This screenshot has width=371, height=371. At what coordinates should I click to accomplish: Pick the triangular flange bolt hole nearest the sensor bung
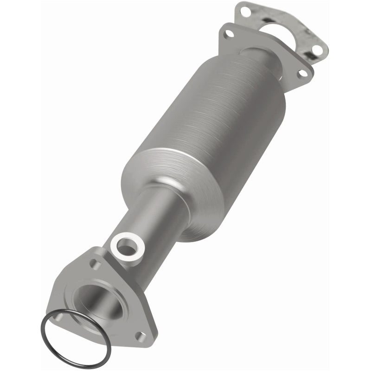click(x=96, y=264)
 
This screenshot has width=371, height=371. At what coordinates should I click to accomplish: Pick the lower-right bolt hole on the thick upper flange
click(x=302, y=72)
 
